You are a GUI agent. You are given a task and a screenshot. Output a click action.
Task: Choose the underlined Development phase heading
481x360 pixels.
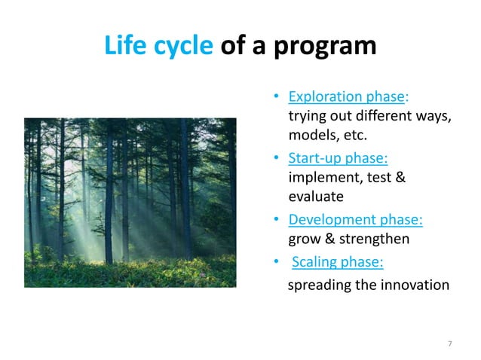[356, 220]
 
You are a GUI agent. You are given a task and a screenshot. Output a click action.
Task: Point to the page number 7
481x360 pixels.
[450, 343]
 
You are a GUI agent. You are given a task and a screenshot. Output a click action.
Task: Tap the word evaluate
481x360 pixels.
[316, 197]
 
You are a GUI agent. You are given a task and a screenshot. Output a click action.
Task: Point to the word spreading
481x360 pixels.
[320, 285]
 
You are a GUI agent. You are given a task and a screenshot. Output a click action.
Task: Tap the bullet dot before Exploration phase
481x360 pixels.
[277, 97]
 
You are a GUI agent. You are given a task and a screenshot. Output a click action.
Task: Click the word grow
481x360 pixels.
[305, 240]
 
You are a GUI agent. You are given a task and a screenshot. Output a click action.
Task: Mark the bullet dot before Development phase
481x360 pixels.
[277, 220]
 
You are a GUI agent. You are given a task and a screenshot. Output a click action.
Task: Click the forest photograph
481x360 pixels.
[130, 203]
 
